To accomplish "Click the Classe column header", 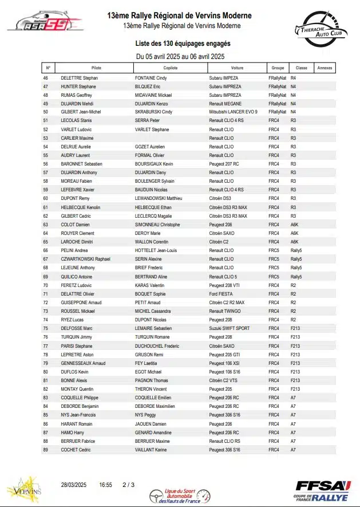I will [298, 68].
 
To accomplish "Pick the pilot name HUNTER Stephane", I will [78, 86].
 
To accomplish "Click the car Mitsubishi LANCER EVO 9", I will [234, 112].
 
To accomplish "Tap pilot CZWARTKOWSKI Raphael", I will [85, 259].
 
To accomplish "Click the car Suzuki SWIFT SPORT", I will [229, 328].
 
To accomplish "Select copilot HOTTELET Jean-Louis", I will [156, 250].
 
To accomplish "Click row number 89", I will [46, 450].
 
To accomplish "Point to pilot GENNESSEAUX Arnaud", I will [83, 363].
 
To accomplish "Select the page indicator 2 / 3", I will [128, 485].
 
